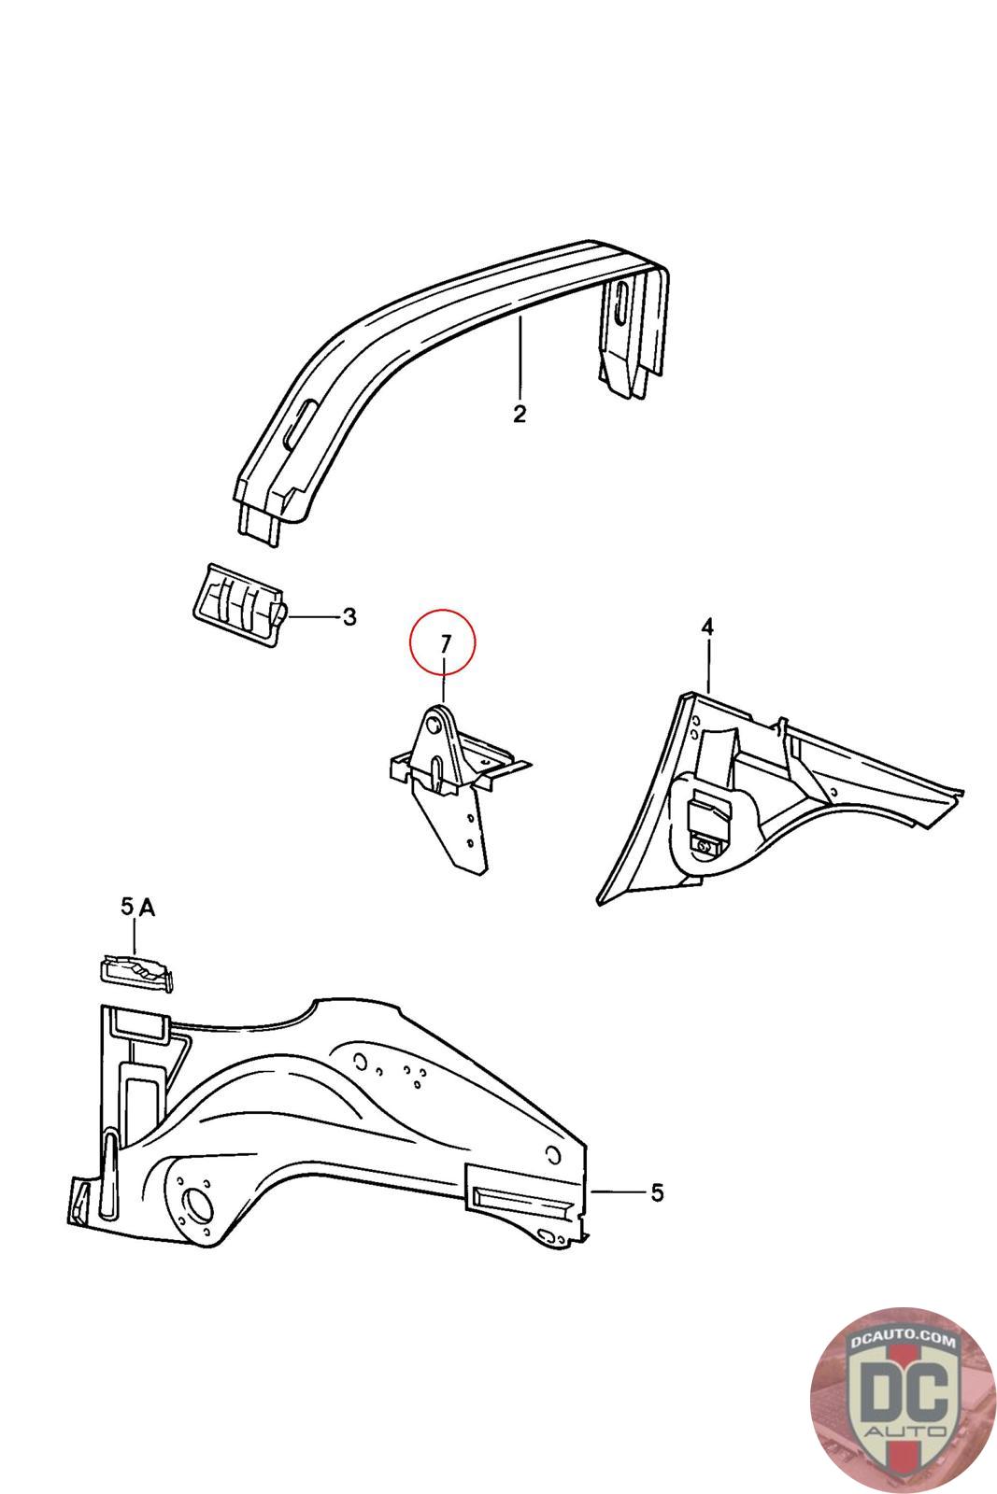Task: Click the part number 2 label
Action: [520, 414]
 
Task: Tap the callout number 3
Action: [349, 617]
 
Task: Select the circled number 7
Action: [445, 643]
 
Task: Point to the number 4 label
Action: [707, 627]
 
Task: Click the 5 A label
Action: [136, 906]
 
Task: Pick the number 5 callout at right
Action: [657, 1192]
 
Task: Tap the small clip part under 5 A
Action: [135, 970]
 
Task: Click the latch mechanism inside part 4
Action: [708, 822]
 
